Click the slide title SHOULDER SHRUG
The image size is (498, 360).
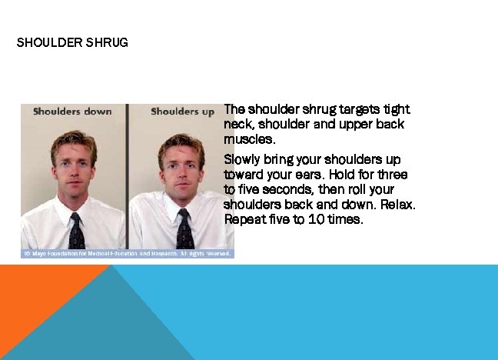click(x=72, y=42)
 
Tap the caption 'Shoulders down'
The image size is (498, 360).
click(x=72, y=112)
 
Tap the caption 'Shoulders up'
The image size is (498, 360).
click(x=182, y=112)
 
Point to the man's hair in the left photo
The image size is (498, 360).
click(x=74, y=141)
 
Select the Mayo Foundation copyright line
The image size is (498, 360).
click(x=127, y=253)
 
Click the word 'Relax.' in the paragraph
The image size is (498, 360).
click(x=397, y=205)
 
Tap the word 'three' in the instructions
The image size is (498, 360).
click(x=392, y=175)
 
